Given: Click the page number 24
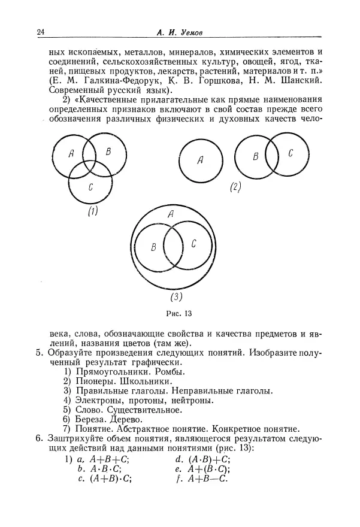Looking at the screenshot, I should point(40,32).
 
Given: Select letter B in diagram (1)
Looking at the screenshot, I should point(108,152).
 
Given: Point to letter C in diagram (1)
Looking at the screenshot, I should point(90,187).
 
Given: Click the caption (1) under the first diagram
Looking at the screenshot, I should point(92,211).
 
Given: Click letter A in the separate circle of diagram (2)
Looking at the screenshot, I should point(200,160).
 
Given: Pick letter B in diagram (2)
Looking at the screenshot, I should point(255,156).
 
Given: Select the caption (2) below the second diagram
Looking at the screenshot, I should point(235,187).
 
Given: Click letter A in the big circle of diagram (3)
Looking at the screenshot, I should point(171,214).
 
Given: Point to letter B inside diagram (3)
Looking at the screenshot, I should point(154,246).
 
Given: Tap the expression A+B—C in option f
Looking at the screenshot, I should point(212,478).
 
